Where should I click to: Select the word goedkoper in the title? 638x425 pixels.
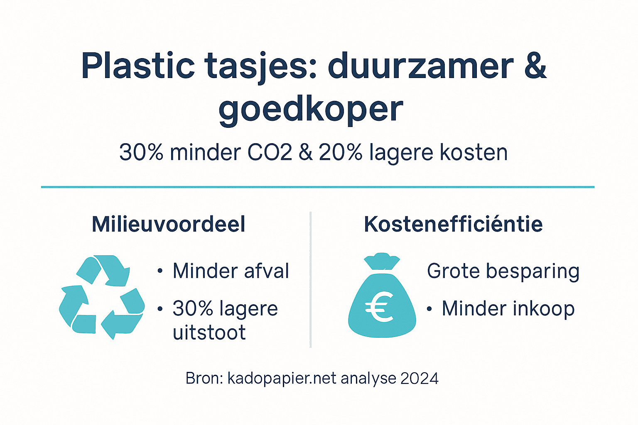coord(311,110)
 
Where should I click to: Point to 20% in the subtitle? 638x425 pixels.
coord(341,152)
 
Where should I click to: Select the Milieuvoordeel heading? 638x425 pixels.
coord(168,225)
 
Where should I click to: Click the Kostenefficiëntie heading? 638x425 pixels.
coord(453,225)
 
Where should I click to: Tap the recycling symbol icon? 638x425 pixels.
coord(102,296)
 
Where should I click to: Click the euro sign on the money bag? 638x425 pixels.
coord(379,307)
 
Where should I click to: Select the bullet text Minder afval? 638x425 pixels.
coord(231,271)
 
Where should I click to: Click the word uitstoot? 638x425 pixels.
coord(209,333)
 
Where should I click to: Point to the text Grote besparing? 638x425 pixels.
coord(503,271)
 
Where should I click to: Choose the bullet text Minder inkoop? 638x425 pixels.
coord(508,309)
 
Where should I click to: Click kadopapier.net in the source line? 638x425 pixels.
coord(282,379)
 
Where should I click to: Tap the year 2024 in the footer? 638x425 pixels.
coord(420,379)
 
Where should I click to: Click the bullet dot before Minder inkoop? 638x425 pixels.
coord(429,309)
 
